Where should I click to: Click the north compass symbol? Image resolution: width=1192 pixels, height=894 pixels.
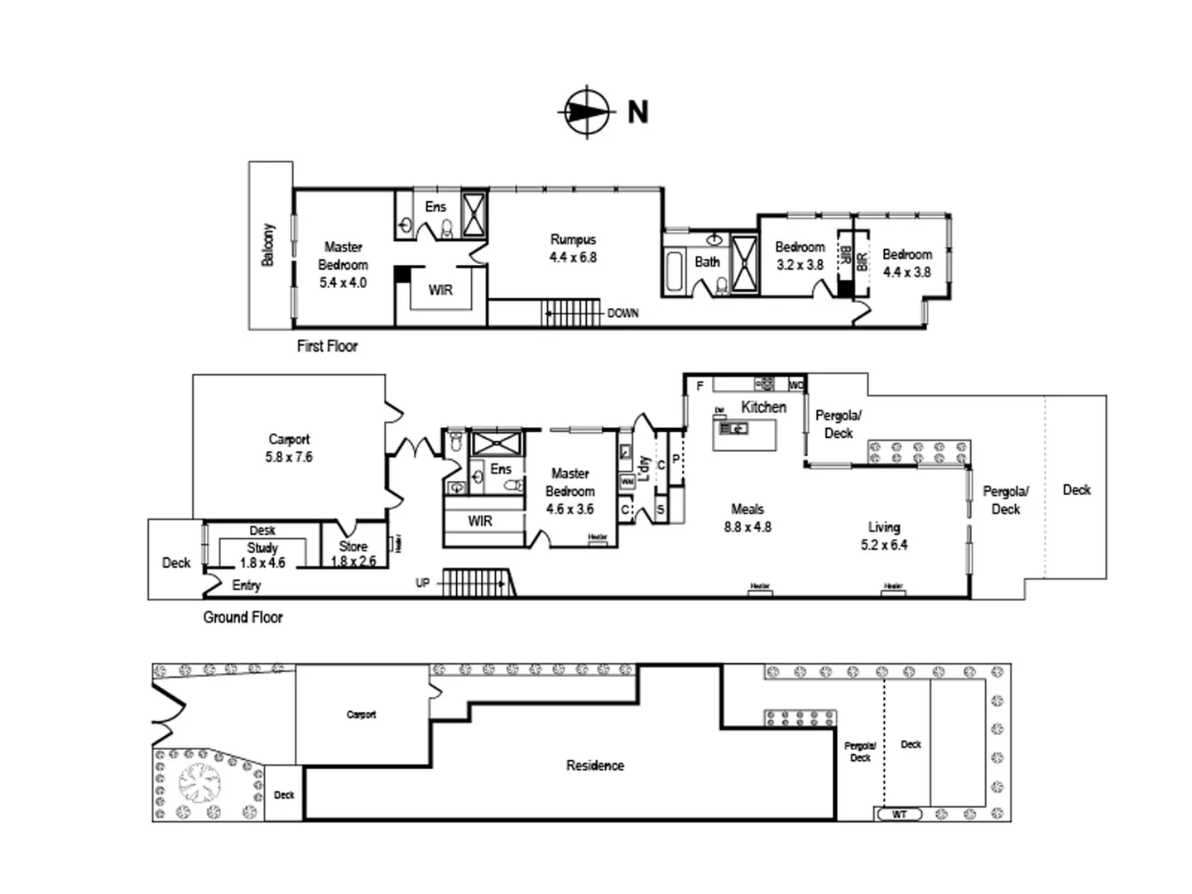point(586,111)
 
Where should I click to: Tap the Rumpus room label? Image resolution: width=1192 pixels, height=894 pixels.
point(573,240)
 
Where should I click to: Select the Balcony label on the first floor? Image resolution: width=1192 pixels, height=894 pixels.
point(268,245)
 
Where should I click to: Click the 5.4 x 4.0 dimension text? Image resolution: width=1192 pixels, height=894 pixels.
point(343,283)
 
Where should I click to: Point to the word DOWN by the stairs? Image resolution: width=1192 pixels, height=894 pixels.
point(622,314)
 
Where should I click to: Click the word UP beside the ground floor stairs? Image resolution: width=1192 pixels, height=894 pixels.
point(423,583)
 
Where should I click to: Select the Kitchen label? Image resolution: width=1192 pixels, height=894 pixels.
point(763,407)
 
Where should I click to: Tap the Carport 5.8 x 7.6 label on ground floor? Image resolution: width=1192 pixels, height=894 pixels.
point(289,448)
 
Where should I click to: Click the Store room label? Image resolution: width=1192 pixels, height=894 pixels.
point(353,546)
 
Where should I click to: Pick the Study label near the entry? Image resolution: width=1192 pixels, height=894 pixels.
point(262,548)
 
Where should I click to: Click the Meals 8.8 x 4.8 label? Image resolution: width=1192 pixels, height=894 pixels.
point(747,518)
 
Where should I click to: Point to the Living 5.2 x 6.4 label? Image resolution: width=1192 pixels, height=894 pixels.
point(884,536)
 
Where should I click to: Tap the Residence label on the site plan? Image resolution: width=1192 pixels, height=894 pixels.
point(595,766)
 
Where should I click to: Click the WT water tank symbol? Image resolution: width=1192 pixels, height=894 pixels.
point(900,815)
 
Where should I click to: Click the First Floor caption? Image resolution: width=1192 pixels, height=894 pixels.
point(327,347)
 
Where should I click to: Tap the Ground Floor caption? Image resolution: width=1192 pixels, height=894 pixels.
point(243,618)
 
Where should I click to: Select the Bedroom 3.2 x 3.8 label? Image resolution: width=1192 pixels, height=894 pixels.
point(800,256)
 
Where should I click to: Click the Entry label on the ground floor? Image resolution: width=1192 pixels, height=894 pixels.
point(247,586)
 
